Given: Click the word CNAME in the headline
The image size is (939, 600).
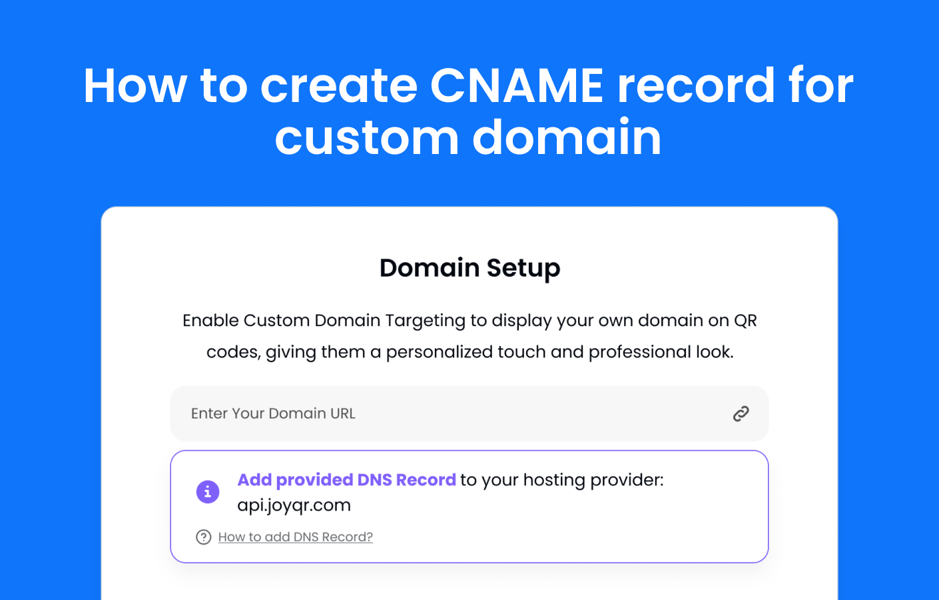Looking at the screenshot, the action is (517, 85).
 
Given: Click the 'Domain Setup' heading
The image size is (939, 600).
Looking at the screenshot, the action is (469, 268).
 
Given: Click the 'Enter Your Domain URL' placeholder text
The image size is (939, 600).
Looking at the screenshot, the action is (273, 413).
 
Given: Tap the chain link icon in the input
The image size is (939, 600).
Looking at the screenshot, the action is (741, 414).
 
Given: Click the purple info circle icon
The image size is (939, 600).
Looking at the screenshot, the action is (208, 491).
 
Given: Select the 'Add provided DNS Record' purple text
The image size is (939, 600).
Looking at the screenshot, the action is (347, 479).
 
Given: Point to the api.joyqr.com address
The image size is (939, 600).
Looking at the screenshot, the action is (294, 505).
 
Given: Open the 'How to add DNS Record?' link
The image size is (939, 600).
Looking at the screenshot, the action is (296, 537).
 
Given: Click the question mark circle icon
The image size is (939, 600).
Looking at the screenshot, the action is (204, 537).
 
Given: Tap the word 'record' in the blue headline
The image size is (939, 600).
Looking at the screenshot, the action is (697, 85).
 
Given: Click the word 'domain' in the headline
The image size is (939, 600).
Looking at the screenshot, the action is (567, 137).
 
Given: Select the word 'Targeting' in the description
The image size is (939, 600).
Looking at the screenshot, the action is (425, 321).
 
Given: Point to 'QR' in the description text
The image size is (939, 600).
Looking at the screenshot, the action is (745, 320).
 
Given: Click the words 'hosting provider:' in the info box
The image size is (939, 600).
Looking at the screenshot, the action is (593, 480).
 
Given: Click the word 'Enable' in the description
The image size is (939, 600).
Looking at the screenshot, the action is (210, 320).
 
